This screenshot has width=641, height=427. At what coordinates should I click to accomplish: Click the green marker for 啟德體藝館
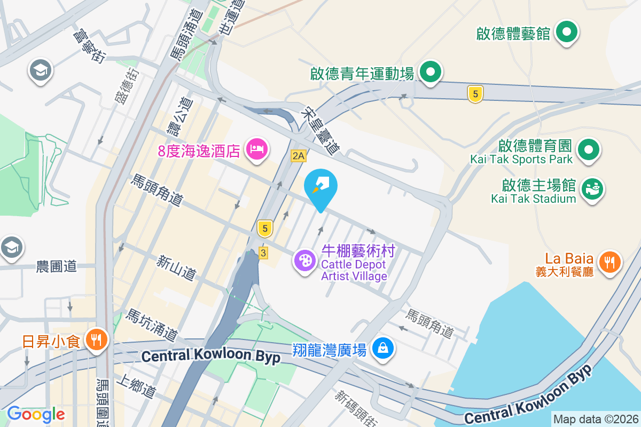pos(566,33)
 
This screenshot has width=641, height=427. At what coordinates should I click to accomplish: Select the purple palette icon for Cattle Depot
pos(305,260)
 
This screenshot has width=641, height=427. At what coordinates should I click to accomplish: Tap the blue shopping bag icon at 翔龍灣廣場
pos(383,349)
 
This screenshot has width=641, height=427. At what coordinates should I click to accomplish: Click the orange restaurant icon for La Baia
pos(609,262)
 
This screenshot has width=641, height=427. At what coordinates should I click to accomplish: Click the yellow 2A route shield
pos(299,156)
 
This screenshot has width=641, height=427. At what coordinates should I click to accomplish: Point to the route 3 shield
pos(262,253)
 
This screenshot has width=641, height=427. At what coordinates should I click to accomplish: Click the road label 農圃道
pos(57,266)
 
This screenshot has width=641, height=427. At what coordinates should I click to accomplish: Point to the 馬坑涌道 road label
pos(151,325)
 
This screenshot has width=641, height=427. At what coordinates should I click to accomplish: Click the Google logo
pos(36,414)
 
